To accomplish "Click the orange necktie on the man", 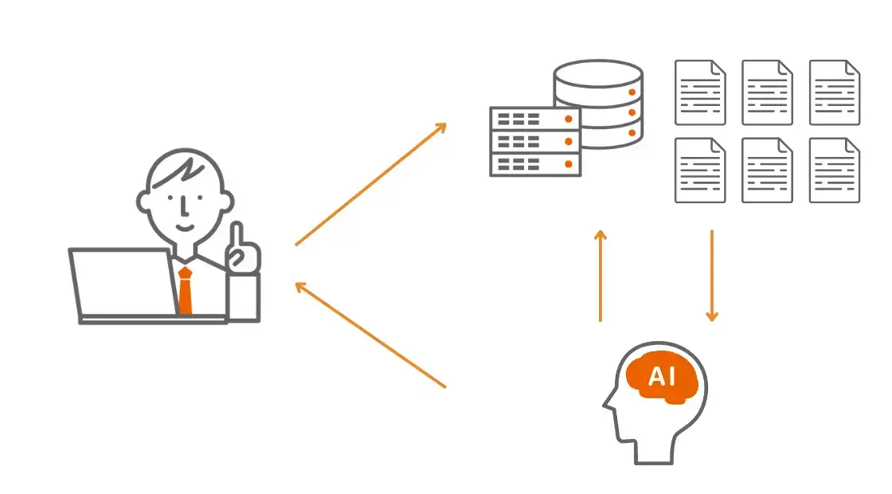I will (185, 291).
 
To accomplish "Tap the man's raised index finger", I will (237, 236).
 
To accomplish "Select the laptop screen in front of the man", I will (123, 283).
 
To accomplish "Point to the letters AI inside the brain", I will (662, 376).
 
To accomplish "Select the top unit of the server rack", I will (534, 119).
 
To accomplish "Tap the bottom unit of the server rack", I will (534, 163).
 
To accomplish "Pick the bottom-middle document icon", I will (767, 170).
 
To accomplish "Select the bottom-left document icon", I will (700, 170).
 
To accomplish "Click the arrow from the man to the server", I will (370, 184).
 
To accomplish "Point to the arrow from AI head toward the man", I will (370, 335).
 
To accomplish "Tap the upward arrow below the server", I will (601, 276).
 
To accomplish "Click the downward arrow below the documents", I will (712, 276).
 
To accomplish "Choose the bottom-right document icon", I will (835, 170).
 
